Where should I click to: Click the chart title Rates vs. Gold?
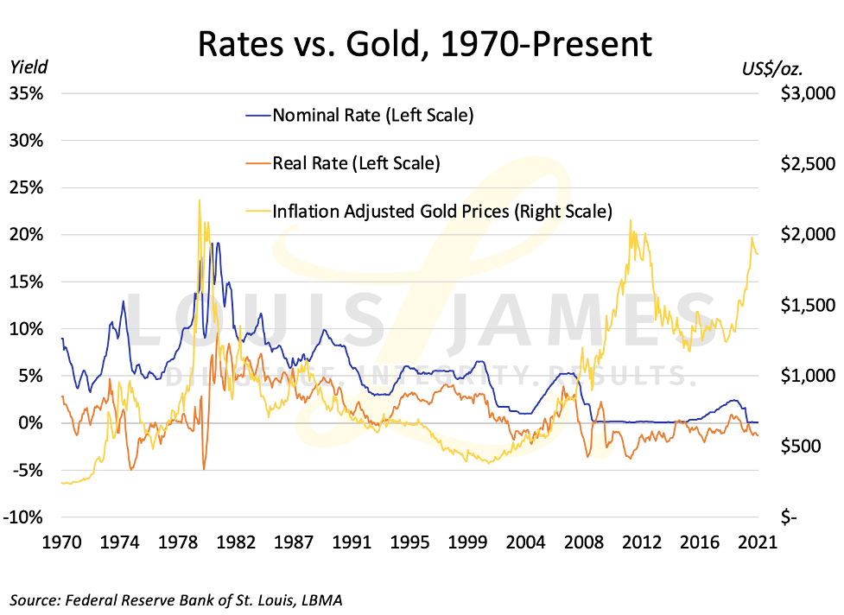coord(424,43)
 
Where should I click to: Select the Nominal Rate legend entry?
coord(371,115)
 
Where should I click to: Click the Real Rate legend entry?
coord(355,162)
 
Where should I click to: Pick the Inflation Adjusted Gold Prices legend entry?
coord(441,210)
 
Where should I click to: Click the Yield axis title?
coord(29,67)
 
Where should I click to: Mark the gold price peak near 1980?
coord(200,200)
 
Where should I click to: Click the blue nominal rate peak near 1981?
coord(217,244)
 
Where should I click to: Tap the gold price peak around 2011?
coord(630,220)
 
